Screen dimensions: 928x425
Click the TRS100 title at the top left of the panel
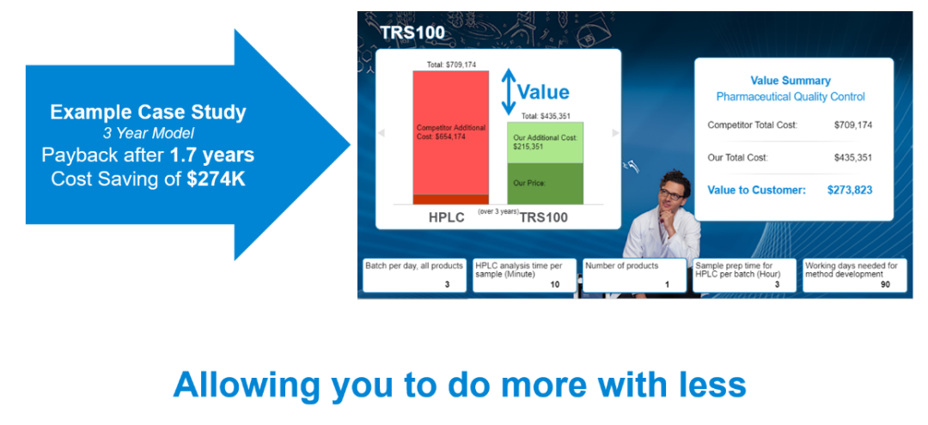point(412,32)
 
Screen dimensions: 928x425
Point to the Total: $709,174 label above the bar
point(451,64)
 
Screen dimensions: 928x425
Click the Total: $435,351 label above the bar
point(546,116)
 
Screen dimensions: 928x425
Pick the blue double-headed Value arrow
point(509,92)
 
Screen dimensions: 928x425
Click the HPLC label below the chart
point(447,218)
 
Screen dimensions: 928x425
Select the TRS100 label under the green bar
point(543,218)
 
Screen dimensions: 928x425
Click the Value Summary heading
point(791,81)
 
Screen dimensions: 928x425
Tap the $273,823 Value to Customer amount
point(850,191)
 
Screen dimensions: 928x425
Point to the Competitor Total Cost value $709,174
point(853,125)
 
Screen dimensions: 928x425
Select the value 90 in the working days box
point(885,284)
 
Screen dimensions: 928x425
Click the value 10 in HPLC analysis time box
point(554,284)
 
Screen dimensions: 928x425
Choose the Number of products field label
point(621,266)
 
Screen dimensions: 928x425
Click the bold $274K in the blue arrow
point(216,179)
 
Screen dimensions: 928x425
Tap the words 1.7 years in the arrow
point(212,155)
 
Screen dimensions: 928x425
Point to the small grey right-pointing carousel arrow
point(615,133)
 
